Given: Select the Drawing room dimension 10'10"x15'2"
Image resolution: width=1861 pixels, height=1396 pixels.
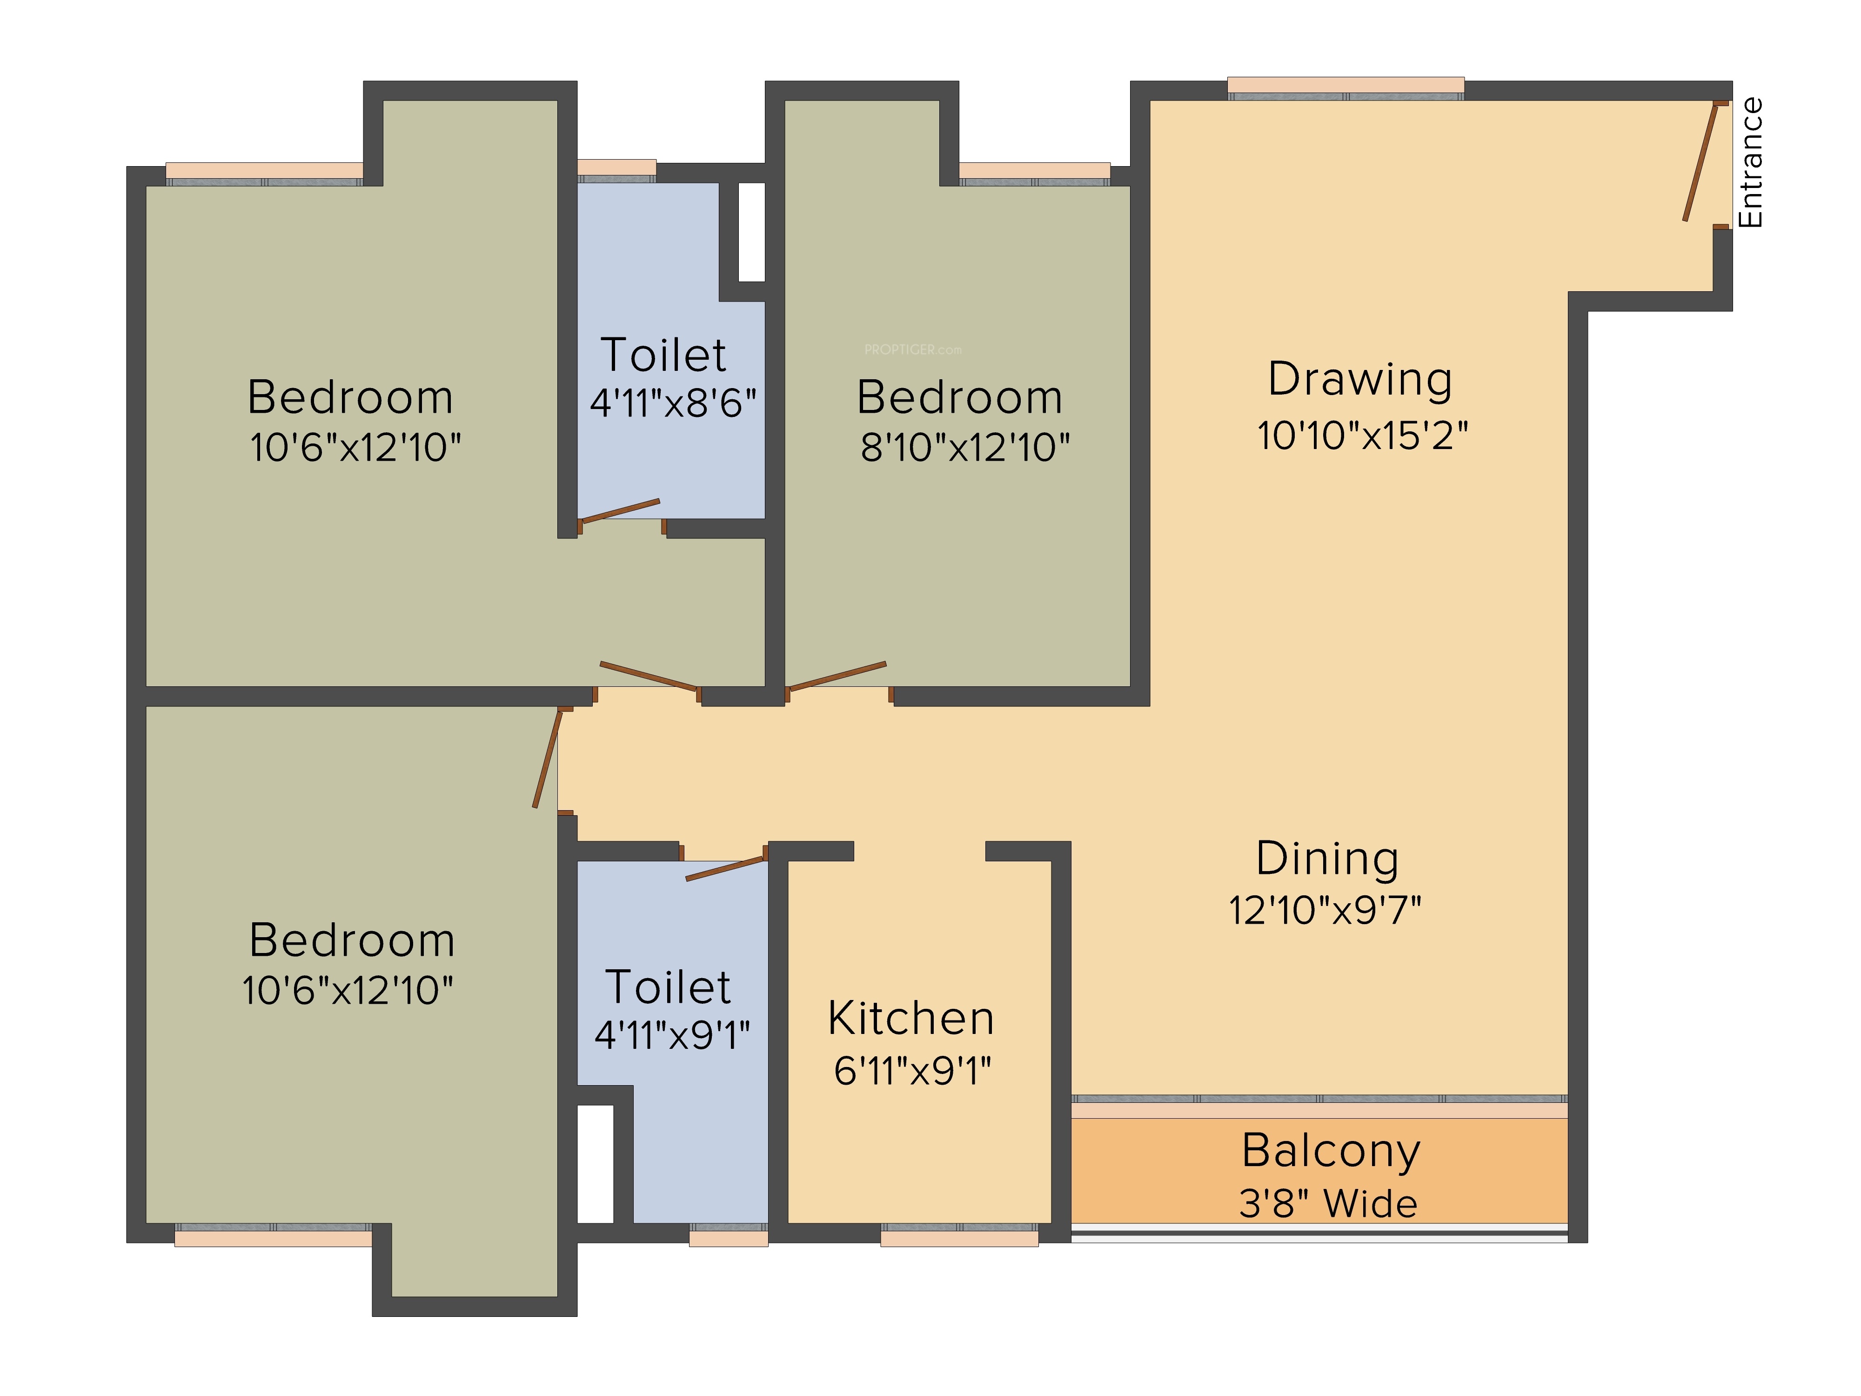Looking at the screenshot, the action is tap(1362, 436).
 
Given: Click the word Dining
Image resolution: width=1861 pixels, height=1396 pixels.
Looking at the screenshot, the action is tap(1328, 859).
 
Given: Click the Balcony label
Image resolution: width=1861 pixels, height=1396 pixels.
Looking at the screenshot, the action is tap(1331, 1151).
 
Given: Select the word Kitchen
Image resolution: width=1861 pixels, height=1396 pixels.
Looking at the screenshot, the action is tap(911, 1018).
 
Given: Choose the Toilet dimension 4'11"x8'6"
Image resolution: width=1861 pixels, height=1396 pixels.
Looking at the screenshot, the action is tap(673, 403).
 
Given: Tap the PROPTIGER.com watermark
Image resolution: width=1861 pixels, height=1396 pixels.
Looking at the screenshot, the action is tap(913, 349).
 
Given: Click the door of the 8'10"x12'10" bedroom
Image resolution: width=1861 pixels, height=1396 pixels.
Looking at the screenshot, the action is tap(836, 677).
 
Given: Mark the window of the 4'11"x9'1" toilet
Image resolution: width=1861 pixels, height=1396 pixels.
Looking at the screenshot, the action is tap(729, 1235).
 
